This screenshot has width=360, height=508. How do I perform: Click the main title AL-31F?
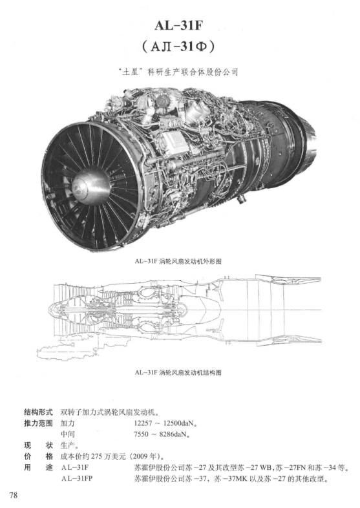pos(178,25)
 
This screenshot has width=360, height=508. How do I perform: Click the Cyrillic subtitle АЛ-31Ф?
pos(178,47)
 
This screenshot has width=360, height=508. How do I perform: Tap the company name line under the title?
pos(178,72)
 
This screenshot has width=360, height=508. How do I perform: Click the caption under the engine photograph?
pos(178,261)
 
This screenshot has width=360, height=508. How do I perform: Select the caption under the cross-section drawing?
pos(178,372)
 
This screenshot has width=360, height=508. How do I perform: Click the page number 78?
pos(14,495)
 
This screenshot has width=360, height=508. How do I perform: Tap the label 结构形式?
pos(38,412)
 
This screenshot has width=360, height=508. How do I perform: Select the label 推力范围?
pos(38,423)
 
